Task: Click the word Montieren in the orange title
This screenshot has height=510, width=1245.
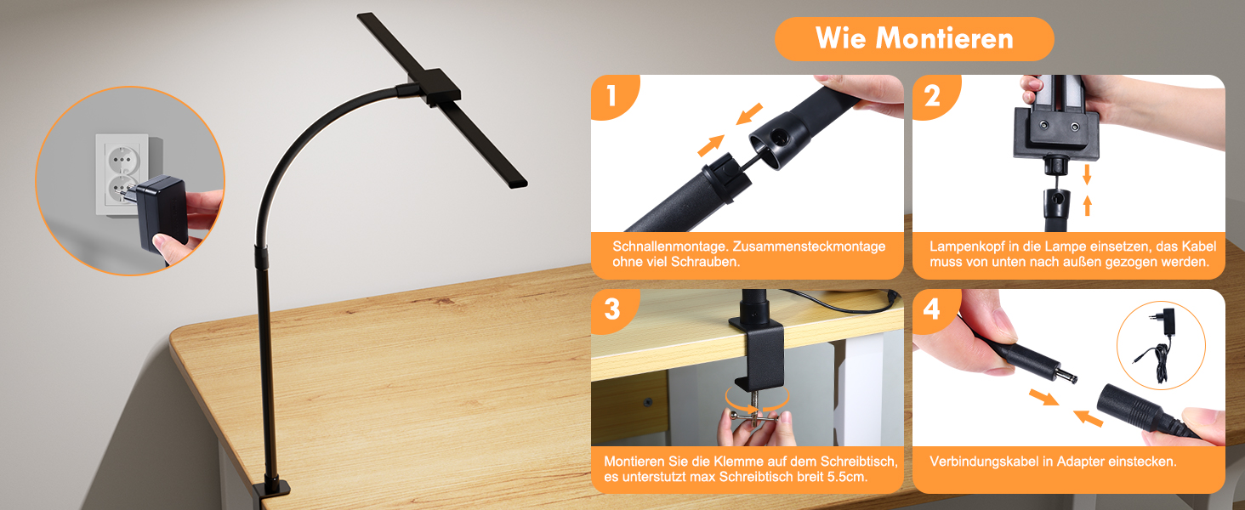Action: click(x=944, y=38)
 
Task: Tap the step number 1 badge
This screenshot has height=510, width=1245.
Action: click(x=612, y=95)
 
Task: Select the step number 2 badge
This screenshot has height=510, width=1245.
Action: click(x=933, y=95)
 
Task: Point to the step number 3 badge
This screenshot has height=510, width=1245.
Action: click(x=612, y=309)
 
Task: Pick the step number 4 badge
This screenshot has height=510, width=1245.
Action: click(x=933, y=309)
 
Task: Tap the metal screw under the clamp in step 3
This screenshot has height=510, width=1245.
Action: click(x=755, y=407)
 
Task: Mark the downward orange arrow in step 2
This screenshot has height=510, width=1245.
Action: click(x=1087, y=174)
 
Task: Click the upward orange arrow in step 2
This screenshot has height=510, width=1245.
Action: click(x=1087, y=206)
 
